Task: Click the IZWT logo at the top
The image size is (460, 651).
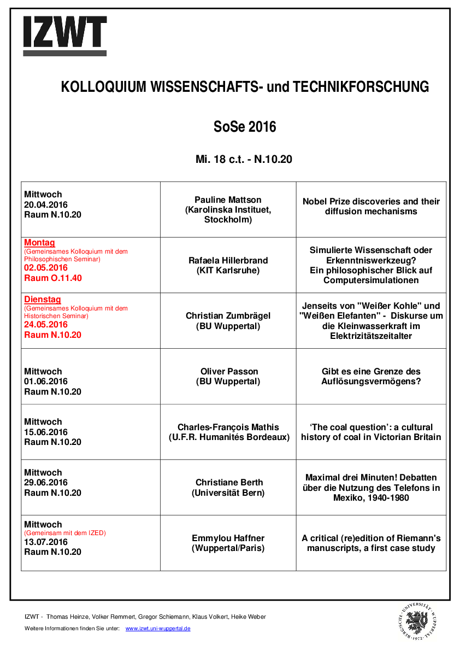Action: [x=64, y=36]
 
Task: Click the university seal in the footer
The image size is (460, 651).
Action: [x=418, y=621]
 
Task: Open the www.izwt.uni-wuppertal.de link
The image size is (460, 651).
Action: [x=158, y=629]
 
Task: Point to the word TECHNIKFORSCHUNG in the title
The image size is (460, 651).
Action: [x=361, y=87]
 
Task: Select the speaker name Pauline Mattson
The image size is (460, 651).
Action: [x=228, y=200]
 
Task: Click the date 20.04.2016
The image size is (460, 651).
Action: [x=46, y=204]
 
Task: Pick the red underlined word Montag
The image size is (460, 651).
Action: [x=39, y=243]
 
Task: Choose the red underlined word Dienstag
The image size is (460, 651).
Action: [x=43, y=300]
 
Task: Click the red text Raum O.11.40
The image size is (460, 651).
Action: [x=53, y=278]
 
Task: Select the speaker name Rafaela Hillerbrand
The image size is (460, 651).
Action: [x=228, y=260]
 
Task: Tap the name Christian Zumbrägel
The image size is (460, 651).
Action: [x=228, y=316]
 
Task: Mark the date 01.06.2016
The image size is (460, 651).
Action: [x=46, y=382]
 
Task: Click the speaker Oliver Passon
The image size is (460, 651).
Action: [x=228, y=372]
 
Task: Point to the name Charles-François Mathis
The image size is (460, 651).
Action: [x=228, y=427]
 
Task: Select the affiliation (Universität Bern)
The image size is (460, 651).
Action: [x=228, y=493]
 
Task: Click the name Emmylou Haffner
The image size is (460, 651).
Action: [x=228, y=538]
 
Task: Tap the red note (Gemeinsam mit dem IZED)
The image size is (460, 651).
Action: [x=65, y=533]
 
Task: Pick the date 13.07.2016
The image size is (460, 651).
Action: [x=46, y=542]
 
